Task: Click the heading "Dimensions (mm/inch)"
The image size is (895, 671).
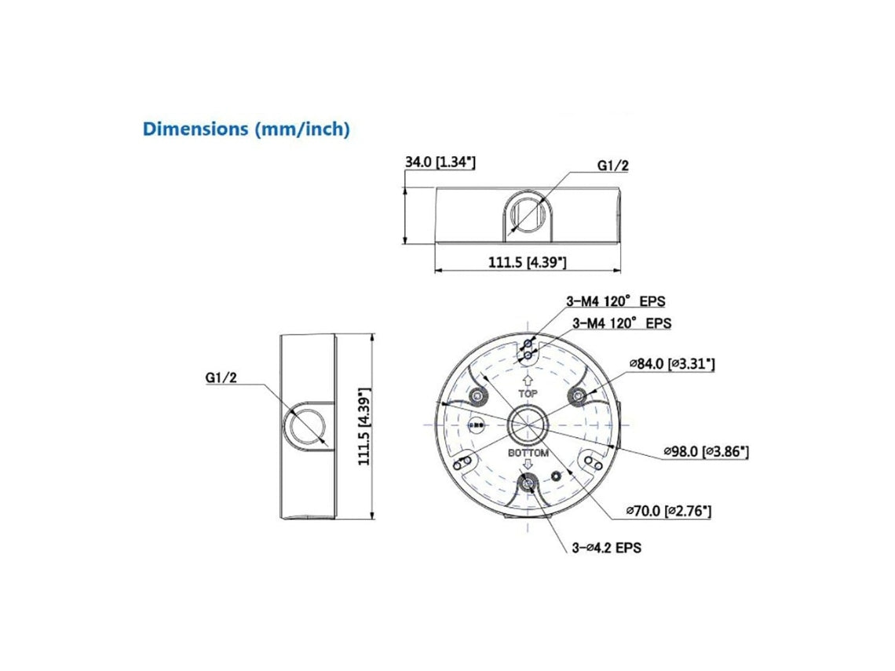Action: click(246, 129)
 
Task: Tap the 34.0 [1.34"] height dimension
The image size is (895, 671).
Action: click(440, 162)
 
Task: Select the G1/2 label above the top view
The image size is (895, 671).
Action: click(613, 165)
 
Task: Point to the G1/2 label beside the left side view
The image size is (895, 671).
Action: click(221, 377)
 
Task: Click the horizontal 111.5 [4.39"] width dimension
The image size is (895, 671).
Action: click(527, 262)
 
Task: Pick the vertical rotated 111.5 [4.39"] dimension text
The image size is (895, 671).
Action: click(363, 426)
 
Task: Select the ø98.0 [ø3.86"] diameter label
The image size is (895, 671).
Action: click(705, 451)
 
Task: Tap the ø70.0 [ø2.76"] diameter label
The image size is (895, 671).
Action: click(668, 511)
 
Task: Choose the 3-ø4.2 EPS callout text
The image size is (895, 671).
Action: click(606, 548)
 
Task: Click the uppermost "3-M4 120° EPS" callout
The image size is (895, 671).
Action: click(616, 301)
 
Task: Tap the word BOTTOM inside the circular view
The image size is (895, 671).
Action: click(528, 454)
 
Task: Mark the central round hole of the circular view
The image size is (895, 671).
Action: click(524, 425)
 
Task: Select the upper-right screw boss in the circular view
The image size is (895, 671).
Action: click(577, 395)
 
